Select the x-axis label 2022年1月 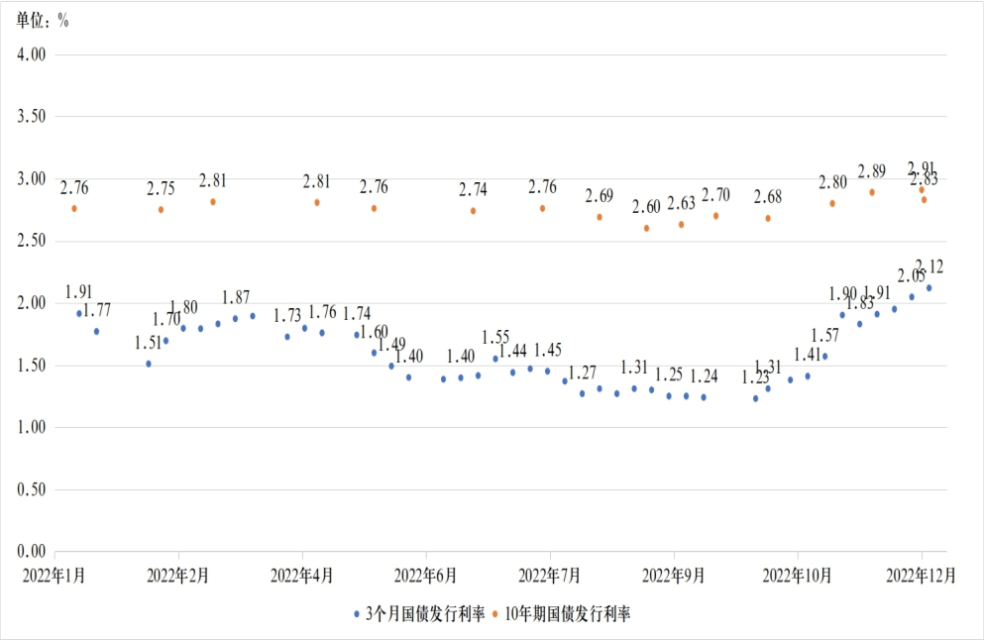[55, 575]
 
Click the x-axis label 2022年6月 [425, 575]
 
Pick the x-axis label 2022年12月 [922, 575]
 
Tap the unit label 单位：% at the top [43, 22]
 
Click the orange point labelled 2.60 [646, 228]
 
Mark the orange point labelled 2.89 [872, 192]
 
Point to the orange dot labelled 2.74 [473, 210]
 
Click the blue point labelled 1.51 [149, 364]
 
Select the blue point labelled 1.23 [755, 398]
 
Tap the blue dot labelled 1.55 [495, 359]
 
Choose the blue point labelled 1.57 [824, 356]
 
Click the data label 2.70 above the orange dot [715, 194]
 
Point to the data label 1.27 [583, 373]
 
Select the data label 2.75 [161, 188]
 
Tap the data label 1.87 [236, 297]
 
